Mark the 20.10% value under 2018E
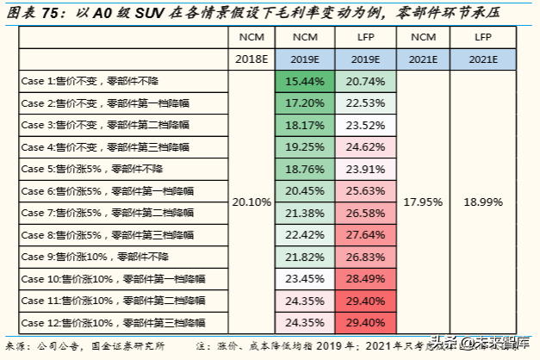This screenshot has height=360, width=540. click(252, 202)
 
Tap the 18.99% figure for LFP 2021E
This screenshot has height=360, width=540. click(482, 202)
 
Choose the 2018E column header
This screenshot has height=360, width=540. click(252, 59)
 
